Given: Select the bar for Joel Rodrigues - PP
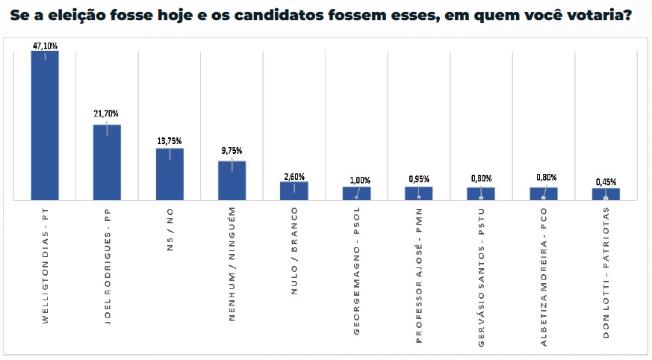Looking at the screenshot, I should click(107, 162).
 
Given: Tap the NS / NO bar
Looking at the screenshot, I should click(170, 174).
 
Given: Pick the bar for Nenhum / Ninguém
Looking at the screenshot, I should click(232, 180).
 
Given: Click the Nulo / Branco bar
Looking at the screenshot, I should click(294, 190).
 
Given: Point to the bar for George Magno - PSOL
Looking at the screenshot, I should click(356, 193).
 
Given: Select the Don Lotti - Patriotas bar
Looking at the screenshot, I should click(606, 194).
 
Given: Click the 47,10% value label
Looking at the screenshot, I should click(45, 46).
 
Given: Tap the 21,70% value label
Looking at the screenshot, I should click(107, 114).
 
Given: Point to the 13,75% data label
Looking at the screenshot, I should click(170, 140).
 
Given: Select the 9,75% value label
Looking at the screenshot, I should click(232, 150).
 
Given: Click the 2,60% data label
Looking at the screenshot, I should click(294, 176).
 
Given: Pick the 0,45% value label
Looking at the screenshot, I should click(606, 182).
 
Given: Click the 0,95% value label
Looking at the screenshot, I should click(419, 179).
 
